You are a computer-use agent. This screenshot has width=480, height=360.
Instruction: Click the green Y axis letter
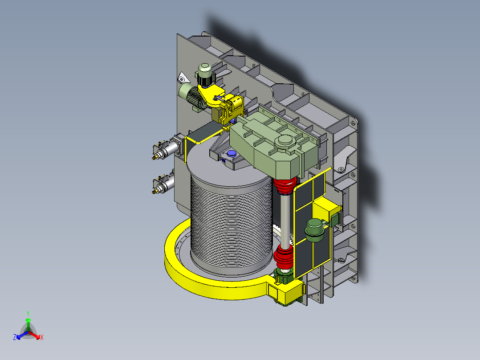(28, 313)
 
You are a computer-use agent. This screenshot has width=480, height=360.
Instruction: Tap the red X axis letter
(42, 337)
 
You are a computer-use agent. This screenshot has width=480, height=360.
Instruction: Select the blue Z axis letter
(15, 337)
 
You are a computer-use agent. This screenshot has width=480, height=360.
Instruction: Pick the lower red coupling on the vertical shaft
(284, 258)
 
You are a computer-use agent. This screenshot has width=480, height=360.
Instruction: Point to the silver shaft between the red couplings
(285, 220)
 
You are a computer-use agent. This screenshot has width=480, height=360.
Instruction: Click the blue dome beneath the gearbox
(232, 153)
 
